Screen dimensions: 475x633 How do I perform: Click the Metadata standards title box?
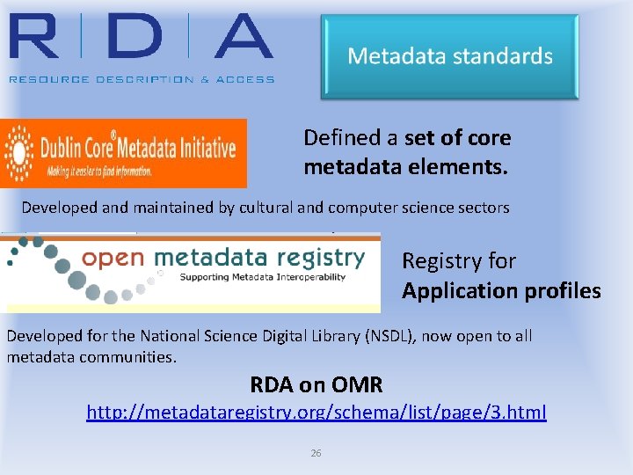[x=449, y=56]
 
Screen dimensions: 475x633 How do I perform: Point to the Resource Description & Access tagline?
[x=142, y=79]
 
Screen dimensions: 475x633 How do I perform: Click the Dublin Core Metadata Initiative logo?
[x=124, y=153]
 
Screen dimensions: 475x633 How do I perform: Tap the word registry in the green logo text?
[x=316, y=258]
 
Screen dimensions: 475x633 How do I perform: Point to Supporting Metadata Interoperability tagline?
[x=263, y=277]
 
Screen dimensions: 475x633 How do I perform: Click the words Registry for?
[x=458, y=261]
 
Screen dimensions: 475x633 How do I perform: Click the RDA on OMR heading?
[x=316, y=384]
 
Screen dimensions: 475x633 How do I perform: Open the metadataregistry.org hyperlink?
[x=316, y=412]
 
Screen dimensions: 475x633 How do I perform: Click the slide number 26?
[x=316, y=453]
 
